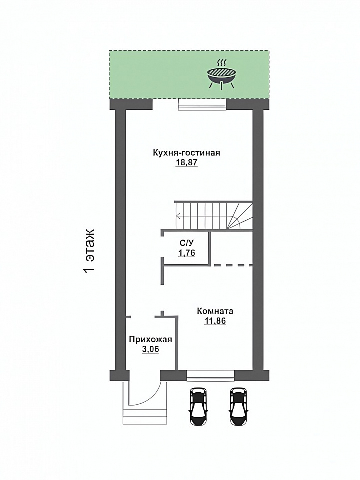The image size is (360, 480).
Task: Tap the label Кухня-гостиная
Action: click(186, 153)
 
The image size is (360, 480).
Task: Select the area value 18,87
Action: click(186, 163)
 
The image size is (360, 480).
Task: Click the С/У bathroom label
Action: click(186, 243)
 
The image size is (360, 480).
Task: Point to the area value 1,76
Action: click(186, 253)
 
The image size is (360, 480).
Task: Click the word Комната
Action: click(215, 311)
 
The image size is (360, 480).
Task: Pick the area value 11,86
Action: click(215, 321)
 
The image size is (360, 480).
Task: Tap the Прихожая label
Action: click(150, 339)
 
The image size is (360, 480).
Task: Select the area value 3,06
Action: click(150, 349)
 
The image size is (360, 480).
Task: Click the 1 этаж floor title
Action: click(89, 251)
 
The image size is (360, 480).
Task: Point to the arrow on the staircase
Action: click(202, 216)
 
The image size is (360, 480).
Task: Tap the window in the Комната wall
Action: click(210, 376)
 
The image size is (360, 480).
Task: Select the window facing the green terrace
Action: click(202, 104)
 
